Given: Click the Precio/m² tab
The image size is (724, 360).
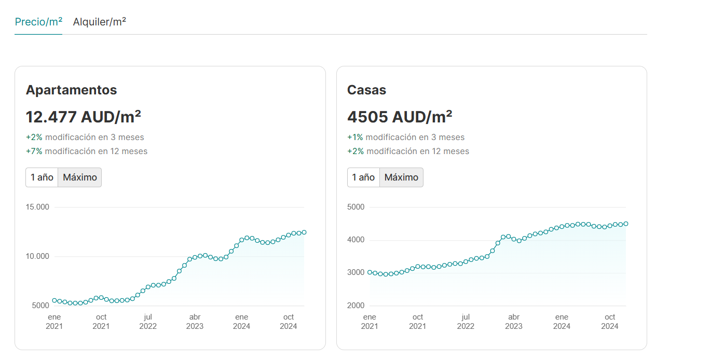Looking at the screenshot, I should coord(38,22).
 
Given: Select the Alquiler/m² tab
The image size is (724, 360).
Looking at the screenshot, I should coord(99,22).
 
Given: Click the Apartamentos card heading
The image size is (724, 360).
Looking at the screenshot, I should coord(71,90).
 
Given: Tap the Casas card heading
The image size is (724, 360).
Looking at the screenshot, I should coord(366,90).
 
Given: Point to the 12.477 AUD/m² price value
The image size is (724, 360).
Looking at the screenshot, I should coord(83,117).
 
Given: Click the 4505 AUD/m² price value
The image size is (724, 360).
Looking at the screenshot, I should coord(399,117).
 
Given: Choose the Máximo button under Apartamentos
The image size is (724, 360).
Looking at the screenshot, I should coord(80,177).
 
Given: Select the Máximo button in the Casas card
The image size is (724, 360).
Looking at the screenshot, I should coord(401,177).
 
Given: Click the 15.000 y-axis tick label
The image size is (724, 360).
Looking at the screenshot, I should coord(37,207).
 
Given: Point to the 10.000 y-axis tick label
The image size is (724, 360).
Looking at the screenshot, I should coord(37,256).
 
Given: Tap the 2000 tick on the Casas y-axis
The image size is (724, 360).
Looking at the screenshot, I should coord(356,306).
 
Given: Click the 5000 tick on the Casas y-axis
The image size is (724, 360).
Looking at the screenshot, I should coord(356,207).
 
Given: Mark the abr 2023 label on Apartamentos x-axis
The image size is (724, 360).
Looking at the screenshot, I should coord(195,322).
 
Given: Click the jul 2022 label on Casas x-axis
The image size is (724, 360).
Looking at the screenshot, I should coord(466,322).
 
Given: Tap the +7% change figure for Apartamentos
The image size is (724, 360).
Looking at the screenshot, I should coord(34,151).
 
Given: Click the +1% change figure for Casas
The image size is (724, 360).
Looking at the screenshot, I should coord(355,137).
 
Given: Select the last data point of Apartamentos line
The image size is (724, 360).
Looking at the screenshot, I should coord(304,232).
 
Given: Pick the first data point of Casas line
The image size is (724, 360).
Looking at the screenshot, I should coord(370,272).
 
